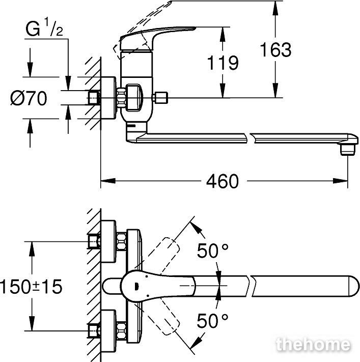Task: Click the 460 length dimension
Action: (x=222, y=181)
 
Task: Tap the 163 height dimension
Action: (x=275, y=49)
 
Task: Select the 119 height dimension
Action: (x=223, y=63)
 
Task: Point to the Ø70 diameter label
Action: (x=29, y=98)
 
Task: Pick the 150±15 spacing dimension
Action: (x=31, y=287)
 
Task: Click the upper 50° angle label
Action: (x=212, y=250)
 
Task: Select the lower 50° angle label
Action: (x=212, y=321)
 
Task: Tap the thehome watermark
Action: (x=313, y=345)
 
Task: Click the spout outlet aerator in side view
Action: (x=347, y=149)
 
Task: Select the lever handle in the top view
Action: (x=157, y=286)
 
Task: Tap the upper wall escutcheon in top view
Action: (x=108, y=241)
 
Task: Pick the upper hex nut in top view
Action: (x=121, y=241)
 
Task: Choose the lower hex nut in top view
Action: (x=121, y=331)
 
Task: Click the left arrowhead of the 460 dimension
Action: (x=108, y=181)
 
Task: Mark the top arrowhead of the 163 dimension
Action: (x=275, y=8)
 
